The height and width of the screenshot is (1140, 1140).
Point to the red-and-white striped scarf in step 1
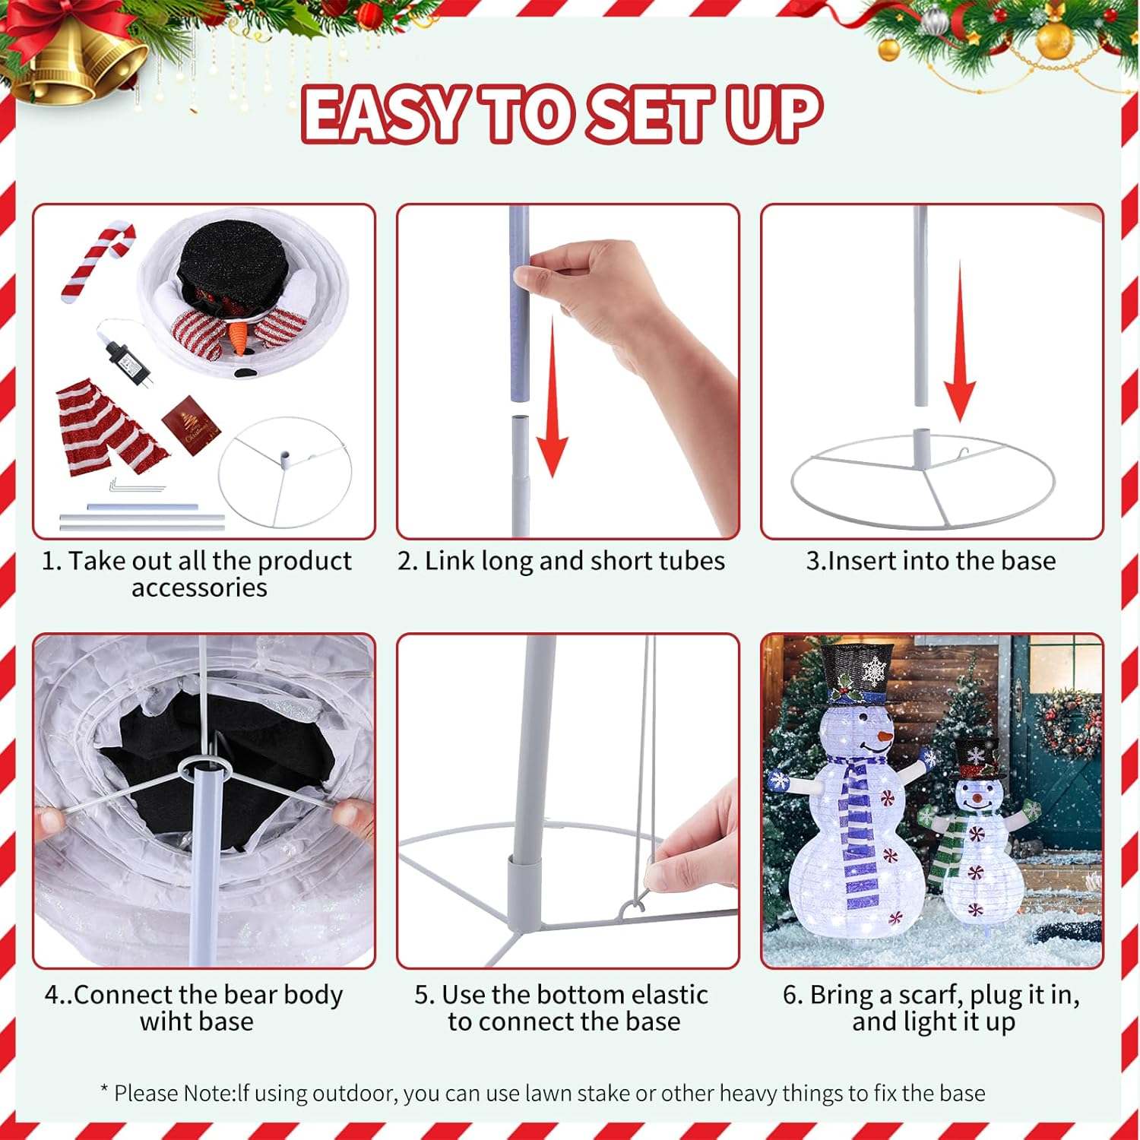(x=110, y=429)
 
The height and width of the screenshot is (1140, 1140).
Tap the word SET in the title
(x=651, y=115)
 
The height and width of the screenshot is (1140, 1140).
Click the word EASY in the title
(x=384, y=115)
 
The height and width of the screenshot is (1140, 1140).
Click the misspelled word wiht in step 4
(x=167, y=1021)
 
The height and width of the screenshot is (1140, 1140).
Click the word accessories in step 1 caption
(x=199, y=587)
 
